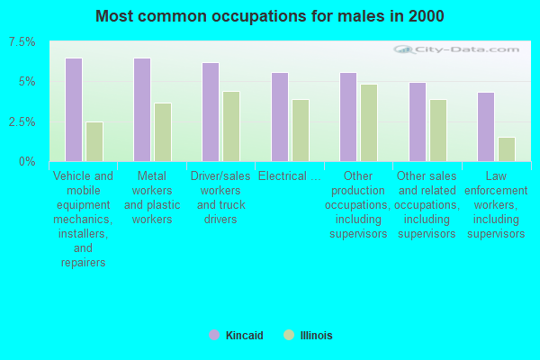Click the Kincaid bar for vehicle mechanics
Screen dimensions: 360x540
click(x=74, y=110)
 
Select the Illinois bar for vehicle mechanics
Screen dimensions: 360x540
click(x=94, y=141)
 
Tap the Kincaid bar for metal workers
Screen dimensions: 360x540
click(x=142, y=110)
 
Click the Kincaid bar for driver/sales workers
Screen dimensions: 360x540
click(x=211, y=112)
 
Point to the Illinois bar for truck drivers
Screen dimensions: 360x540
click(x=231, y=126)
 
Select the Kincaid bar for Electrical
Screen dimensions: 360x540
click(x=280, y=117)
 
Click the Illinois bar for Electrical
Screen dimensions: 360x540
click(x=301, y=130)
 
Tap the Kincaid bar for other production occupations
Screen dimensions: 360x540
click(x=348, y=117)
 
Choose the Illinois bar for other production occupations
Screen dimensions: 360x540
click(x=369, y=122)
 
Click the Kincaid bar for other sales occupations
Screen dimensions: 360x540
click(x=417, y=121)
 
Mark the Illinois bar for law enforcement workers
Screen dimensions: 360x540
click(x=507, y=149)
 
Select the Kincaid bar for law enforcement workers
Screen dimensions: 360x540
click(x=486, y=127)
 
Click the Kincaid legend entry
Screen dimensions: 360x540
click(x=237, y=336)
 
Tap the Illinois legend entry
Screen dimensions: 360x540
click(x=309, y=336)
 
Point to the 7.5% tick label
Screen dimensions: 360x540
click(x=22, y=42)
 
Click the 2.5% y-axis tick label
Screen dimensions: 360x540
click(x=22, y=121)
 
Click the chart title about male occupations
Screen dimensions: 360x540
click(x=270, y=16)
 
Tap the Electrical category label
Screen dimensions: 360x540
click(x=290, y=176)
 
